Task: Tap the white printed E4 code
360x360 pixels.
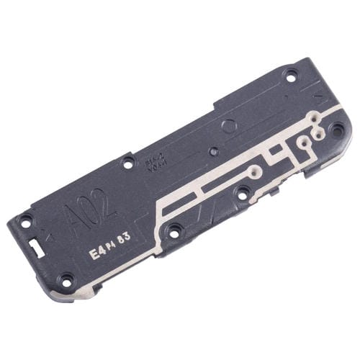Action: click(94, 253)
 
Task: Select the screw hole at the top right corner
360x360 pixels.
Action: click(290, 74)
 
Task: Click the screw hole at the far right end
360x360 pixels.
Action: click(336, 130)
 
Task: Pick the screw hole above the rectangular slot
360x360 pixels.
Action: click(26, 222)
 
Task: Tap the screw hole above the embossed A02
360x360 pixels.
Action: click(128, 163)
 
